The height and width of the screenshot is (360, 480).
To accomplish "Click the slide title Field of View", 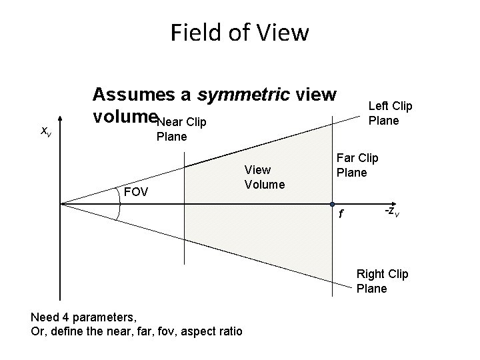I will (239, 32).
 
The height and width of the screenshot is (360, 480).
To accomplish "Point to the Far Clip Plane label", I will (357, 165).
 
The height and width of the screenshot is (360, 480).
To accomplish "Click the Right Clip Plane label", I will (382, 281).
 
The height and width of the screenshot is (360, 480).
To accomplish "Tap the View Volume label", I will (264, 177).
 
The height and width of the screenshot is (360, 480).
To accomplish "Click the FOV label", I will (137, 193).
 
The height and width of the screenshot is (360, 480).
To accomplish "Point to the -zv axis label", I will (392, 211).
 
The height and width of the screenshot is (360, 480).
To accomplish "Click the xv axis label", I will (46, 132).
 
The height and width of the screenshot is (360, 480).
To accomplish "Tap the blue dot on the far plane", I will (331, 203).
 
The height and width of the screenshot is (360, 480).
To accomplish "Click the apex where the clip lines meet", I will (61, 203).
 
